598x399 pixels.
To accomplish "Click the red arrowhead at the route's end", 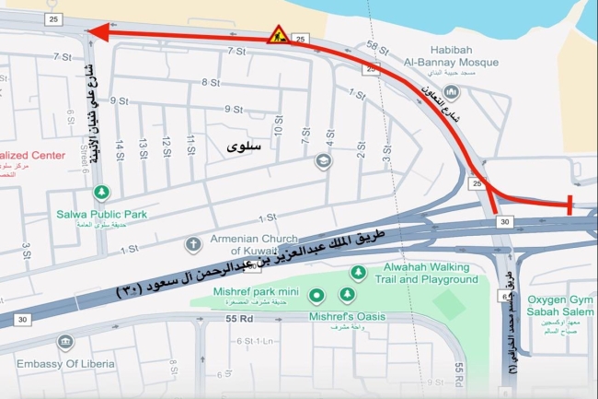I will [97, 34].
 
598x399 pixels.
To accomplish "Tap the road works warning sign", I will [279, 35].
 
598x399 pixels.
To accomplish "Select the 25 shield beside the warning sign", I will [301, 39].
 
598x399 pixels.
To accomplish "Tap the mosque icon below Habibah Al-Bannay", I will [452, 92].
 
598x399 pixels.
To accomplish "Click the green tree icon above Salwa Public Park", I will [102, 193].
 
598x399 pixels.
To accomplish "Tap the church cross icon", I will [193, 244].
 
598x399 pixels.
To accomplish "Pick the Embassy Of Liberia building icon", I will [64, 343].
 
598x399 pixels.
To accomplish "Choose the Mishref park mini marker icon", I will [316, 296].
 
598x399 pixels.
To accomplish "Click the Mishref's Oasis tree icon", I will [347, 295].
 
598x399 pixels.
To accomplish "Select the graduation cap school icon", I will [323, 161].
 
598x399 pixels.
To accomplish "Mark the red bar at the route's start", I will [570, 205].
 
